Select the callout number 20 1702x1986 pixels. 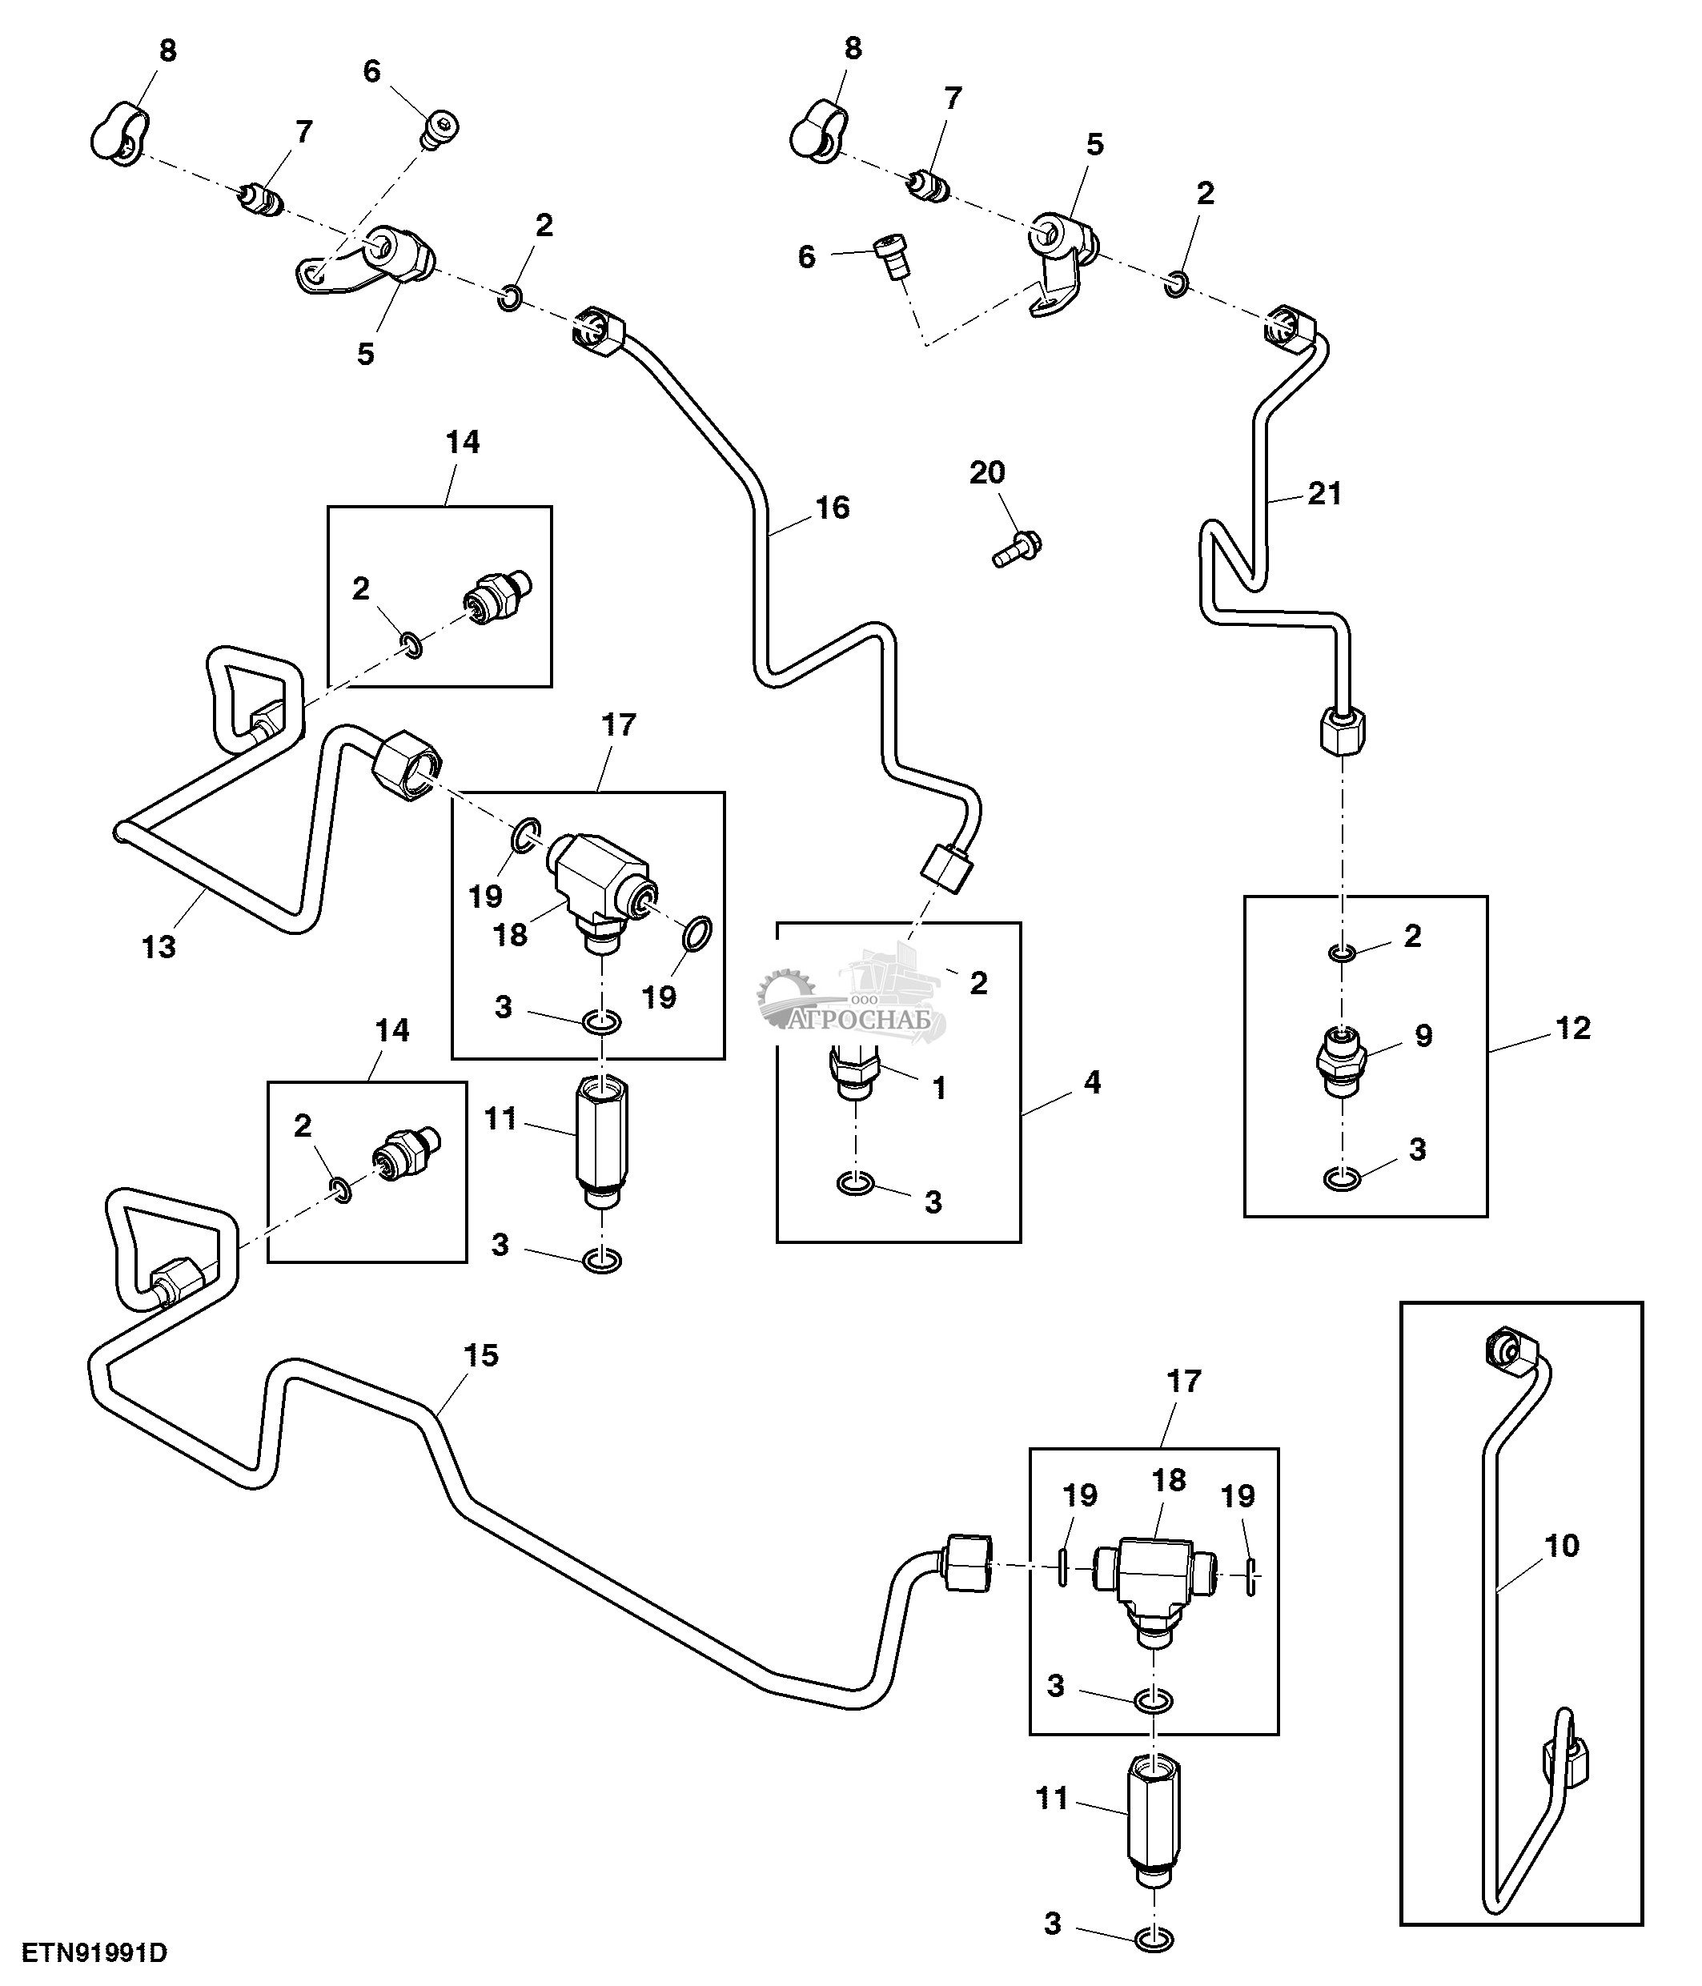pos(987,472)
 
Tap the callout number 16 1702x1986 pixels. pos(832,508)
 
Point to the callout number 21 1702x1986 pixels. pos(1324,494)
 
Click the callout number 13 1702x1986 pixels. pos(159,947)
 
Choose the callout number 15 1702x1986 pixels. pos(481,1355)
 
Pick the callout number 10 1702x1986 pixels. pos(1562,1545)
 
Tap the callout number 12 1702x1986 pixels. pos(1572,1029)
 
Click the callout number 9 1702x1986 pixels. pos(1424,1035)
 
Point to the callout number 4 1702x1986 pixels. pos(1091,1083)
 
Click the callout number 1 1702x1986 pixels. pos(939,1088)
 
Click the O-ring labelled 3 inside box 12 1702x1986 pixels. pos(1342,1179)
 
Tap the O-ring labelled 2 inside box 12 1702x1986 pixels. pos(1342,953)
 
